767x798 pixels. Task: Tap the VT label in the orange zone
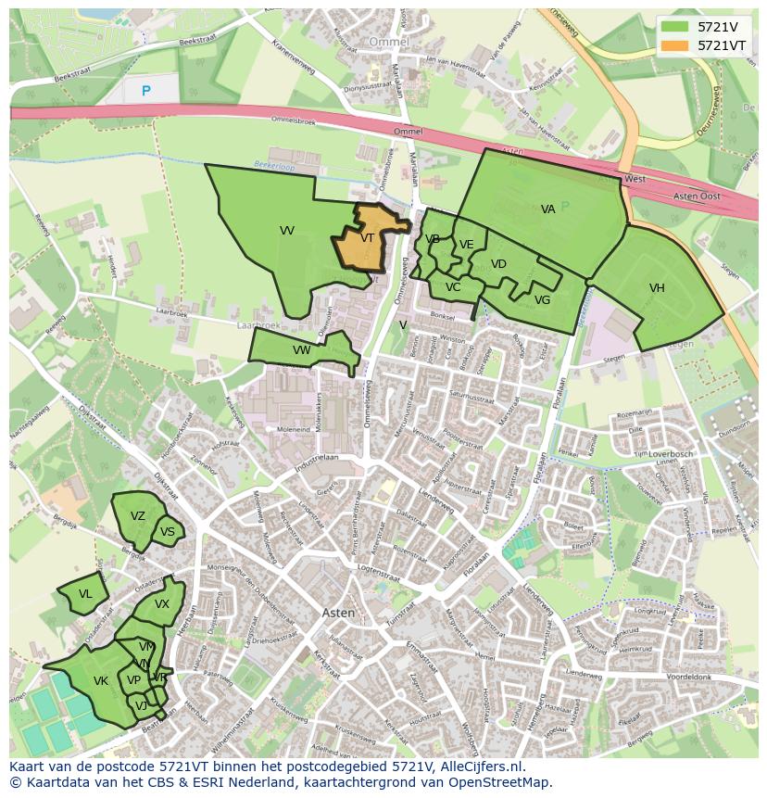368,238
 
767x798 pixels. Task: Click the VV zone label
287,231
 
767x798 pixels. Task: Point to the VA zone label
548,209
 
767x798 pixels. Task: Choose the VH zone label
657,288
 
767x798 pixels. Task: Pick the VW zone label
301,350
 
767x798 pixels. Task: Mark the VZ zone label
138,516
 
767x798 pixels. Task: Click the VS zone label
167,532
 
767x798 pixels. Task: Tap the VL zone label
85,594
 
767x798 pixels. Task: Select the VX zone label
162,604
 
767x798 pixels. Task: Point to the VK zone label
101,681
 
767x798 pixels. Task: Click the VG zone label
542,300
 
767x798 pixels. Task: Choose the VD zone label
498,264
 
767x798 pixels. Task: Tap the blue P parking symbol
145,91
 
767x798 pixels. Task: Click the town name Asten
338,613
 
